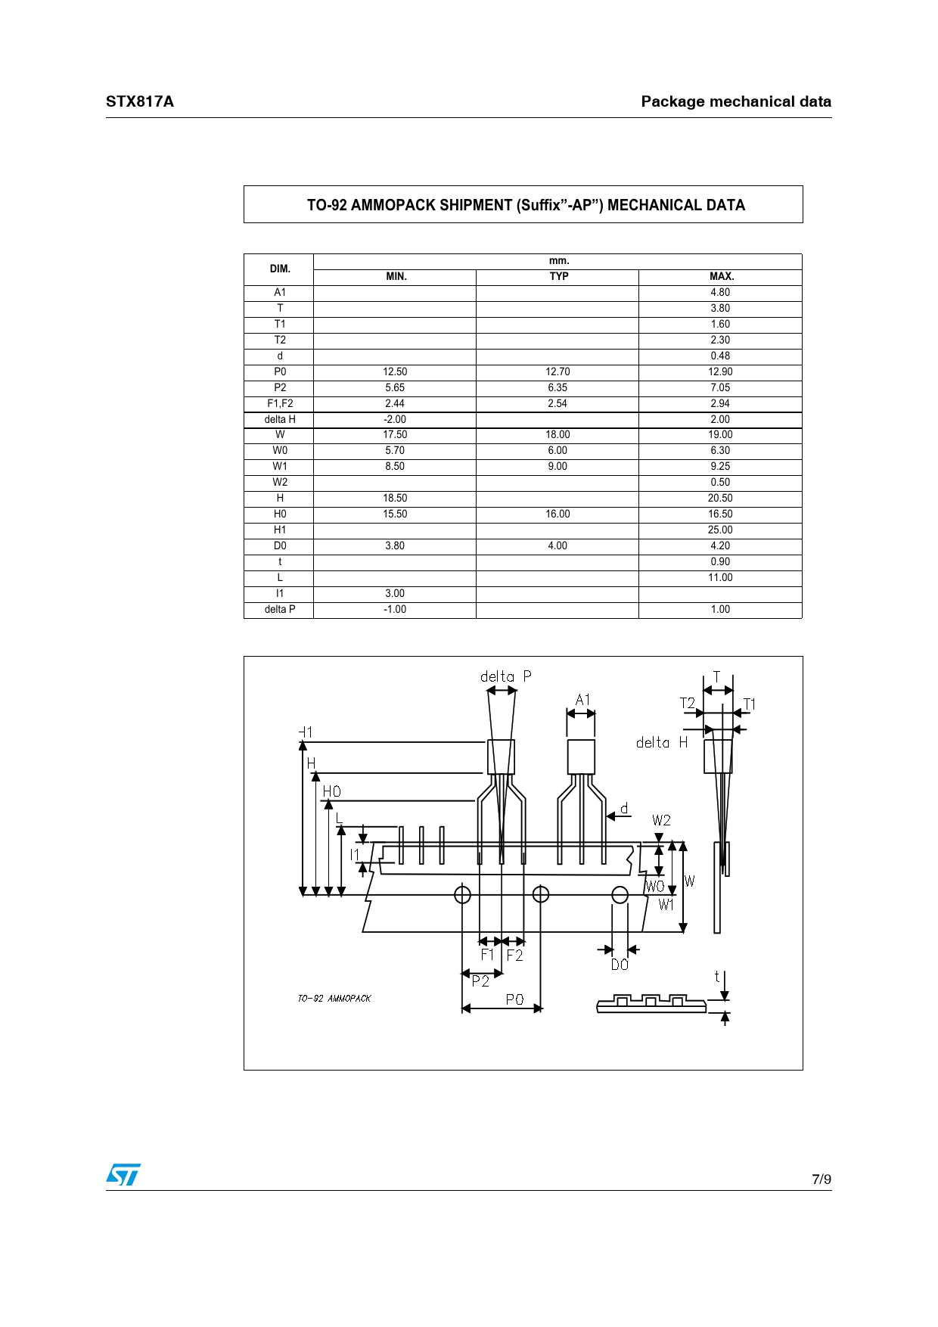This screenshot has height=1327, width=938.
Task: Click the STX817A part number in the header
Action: (140, 101)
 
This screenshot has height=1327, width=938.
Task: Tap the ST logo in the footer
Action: (123, 1175)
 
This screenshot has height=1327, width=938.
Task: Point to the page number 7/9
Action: (821, 1179)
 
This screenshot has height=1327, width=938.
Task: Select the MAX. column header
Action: (721, 277)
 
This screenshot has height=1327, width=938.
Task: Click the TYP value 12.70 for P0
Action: (558, 372)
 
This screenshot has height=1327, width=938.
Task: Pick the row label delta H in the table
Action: (280, 420)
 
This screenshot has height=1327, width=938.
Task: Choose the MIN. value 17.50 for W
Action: (395, 435)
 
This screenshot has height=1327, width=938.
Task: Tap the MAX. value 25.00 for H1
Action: (720, 530)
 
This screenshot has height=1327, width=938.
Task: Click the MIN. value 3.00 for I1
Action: (395, 594)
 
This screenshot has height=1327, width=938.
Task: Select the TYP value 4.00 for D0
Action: (558, 546)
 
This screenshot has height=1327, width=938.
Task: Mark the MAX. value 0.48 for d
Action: (720, 356)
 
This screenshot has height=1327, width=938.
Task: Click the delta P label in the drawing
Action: (505, 676)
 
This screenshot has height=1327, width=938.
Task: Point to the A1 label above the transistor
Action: (582, 700)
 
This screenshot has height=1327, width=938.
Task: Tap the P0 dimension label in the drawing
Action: (514, 999)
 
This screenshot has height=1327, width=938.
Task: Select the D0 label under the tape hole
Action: (620, 965)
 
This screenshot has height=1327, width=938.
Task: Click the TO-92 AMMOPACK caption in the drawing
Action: (334, 999)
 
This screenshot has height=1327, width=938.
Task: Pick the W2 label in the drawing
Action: (661, 821)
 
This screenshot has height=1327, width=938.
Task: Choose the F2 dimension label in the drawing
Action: (514, 956)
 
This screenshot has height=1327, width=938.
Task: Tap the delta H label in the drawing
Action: (662, 743)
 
